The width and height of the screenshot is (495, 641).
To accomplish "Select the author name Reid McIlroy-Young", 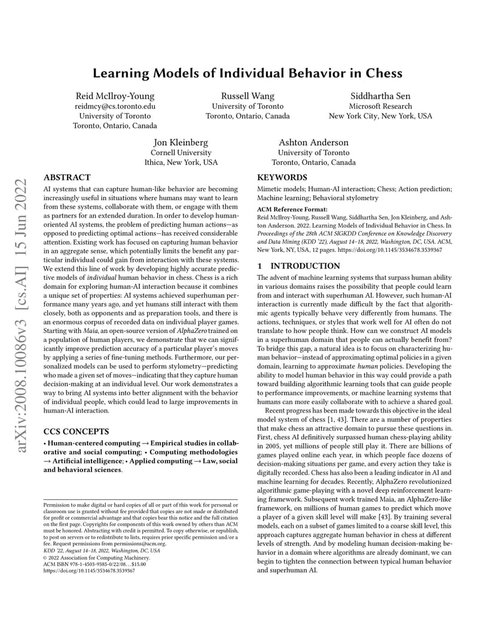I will click(115, 96).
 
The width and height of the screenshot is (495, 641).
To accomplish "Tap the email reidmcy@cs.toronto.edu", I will click(115, 106).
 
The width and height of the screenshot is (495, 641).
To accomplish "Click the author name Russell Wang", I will click(247, 96).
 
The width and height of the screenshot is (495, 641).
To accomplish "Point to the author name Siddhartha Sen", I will click(380, 96).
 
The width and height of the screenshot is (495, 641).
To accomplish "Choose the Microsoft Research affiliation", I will click(380, 106).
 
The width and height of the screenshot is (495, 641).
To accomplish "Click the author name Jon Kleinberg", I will click(181, 142).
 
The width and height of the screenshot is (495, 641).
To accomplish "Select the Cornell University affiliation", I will click(181, 152).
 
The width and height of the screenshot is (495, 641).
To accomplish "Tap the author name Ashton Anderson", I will click(314, 142).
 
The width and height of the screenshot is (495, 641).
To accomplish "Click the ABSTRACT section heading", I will click(68, 178).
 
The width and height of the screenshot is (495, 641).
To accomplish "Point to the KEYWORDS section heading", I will click(282, 178).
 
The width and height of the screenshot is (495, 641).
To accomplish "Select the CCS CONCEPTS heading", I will click(76, 431).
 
